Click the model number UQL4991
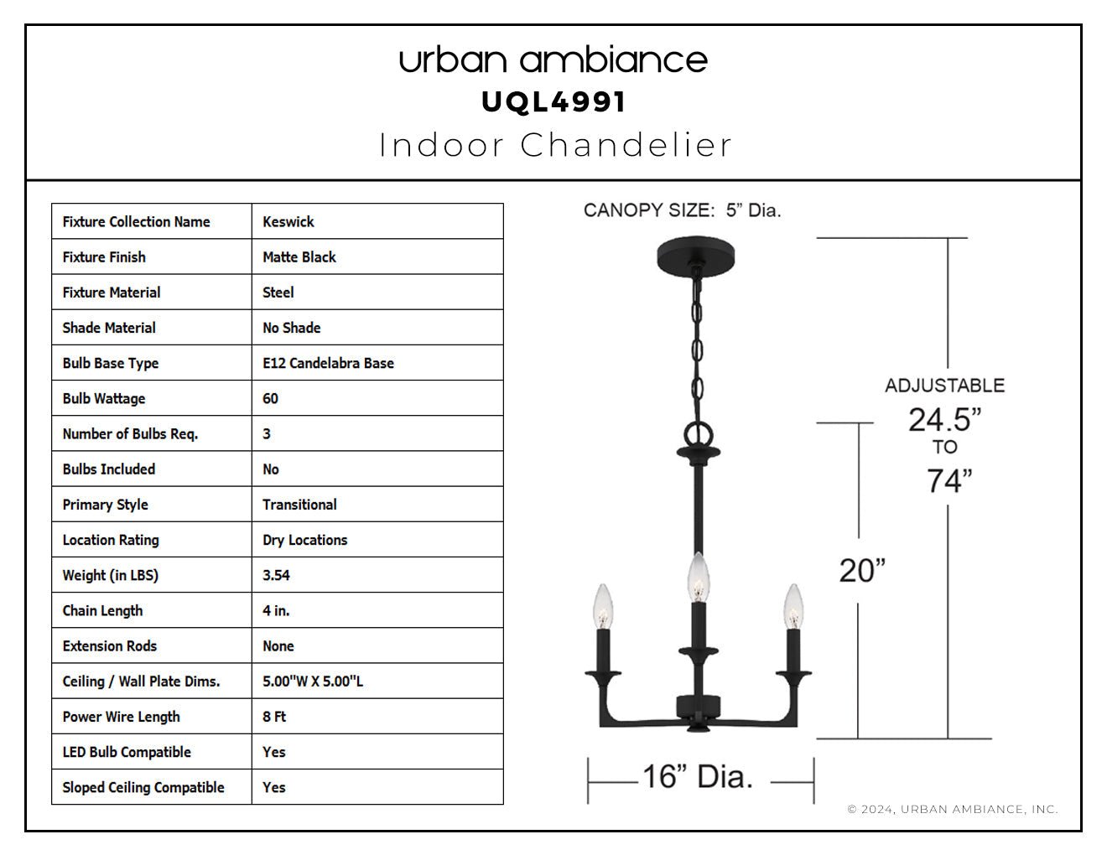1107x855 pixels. [x=553, y=102]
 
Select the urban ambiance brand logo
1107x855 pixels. [x=553, y=60]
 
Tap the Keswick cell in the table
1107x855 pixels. [x=288, y=221]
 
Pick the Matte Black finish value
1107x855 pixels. [x=299, y=257]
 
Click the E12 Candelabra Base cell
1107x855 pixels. [x=328, y=363]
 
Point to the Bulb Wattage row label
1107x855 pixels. [x=104, y=398]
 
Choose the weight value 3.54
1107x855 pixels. [x=276, y=575]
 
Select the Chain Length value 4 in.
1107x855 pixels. [x=276, y=610]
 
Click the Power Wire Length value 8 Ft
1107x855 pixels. [x=274, y=717]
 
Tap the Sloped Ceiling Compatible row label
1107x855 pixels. [x=143, y=787]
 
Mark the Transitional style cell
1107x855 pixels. [x=299, y=505]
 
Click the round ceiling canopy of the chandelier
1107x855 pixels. [x=695, y=256]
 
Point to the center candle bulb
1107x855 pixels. [x=699, y=578]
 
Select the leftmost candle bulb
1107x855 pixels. [x=603, y=607]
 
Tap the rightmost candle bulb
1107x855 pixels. [x=793, y=607]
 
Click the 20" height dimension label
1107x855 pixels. [x=862, y=571]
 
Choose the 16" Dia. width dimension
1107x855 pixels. [x=698, y=776]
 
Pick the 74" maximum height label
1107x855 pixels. [x=948, y=480]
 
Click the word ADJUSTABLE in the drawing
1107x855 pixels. [x=945, y=386]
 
